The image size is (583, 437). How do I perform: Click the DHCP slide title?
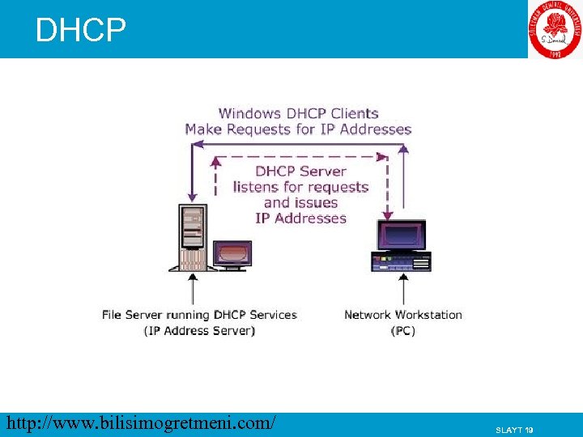click(x=81, y=31)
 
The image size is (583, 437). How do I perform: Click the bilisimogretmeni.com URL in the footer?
click(x=140, y=423)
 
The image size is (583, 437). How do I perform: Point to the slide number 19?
click(x=514, y=430)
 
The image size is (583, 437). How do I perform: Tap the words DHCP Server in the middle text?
click(x=300, y=171)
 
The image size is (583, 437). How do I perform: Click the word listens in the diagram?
click(x=256, y=187)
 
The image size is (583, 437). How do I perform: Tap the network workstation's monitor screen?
click(x=401, y=235)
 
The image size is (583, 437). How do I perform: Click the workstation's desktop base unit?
click(x=401, y=261)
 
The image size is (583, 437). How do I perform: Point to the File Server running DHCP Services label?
click(x=199, y=315)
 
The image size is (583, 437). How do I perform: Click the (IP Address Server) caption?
click(x=199, y=330)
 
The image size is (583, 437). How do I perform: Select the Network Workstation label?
click(x=403, y=315)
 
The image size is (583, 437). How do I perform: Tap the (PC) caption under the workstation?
click(x=403, y=330)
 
